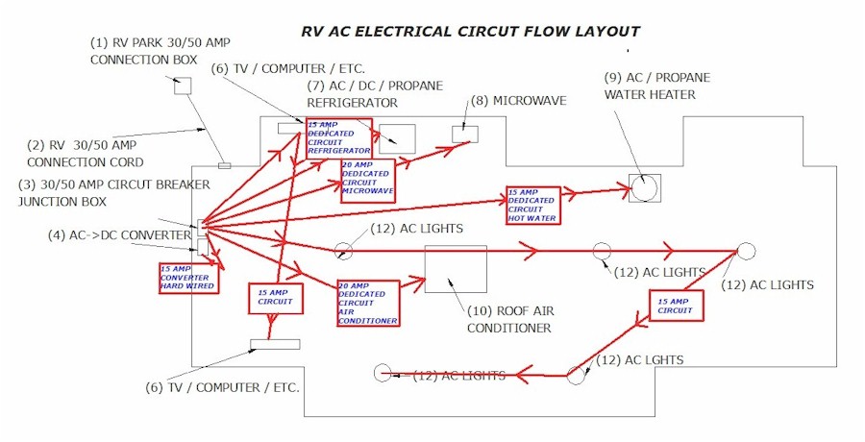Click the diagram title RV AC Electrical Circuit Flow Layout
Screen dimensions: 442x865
pyautogui.click(x=470, y=31)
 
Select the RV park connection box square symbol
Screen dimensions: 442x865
pyautogui.click(x=182, y=86)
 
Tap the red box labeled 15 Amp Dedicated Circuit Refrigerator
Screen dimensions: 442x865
pyautogui.click(x=338, y=138)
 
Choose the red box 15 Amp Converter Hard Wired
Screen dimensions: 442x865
pyautogui.click(x=187, y=277)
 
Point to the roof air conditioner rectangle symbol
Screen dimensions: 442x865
pyautogui.click(x=455, y=269)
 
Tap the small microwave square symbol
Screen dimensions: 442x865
pyautogui.click(x=465, y=135)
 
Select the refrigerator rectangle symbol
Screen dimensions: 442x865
pyautogui.click(x=397, y=138)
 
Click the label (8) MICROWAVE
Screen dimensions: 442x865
pyautogui.click(x=518, y=100)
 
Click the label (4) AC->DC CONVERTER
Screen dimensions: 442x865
pyautogui.click(x=110, y=233)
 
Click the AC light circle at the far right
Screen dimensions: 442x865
pyautogui.click(x=746, y=251)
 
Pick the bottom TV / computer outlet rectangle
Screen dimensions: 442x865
pyautogui.click(x=275, y=344)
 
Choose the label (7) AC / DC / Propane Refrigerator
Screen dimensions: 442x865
pyautogui.click(x=375, y=94)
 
